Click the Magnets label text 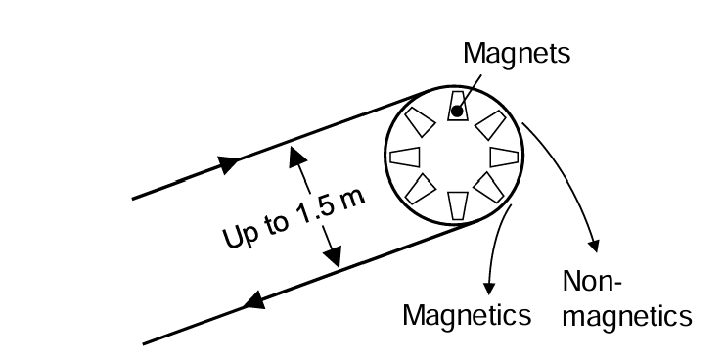(x=516, y=55)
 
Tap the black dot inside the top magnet (x=456, y=112)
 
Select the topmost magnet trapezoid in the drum (x=457, y=105)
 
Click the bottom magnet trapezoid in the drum (x=457, y=206)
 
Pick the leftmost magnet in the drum (x=406, y=157)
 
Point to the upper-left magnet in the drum (x=421, y=122)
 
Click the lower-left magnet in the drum (x=421, y=190)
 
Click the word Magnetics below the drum (x=468, y=315)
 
